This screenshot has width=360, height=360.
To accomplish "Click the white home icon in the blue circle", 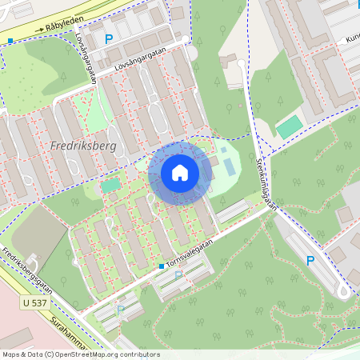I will click(180, 173).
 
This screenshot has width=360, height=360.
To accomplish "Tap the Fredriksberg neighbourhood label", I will click(83, 147).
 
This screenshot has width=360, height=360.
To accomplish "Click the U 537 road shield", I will click(35, 303).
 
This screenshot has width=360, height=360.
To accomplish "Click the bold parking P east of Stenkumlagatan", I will click(311, 260).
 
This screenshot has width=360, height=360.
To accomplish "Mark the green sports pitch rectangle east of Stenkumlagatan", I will click(289, 126).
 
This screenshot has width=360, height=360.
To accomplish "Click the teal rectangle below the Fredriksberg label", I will click(110, 185).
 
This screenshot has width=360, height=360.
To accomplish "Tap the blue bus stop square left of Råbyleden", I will click(10, 40).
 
